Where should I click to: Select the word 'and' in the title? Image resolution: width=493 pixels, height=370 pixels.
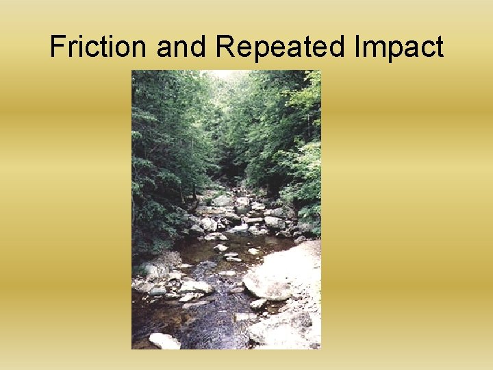[x=181, y=47]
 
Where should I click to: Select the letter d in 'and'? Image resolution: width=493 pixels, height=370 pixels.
[x=199, y=47]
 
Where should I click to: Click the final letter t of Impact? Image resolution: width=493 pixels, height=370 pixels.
[x=438, y=47]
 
